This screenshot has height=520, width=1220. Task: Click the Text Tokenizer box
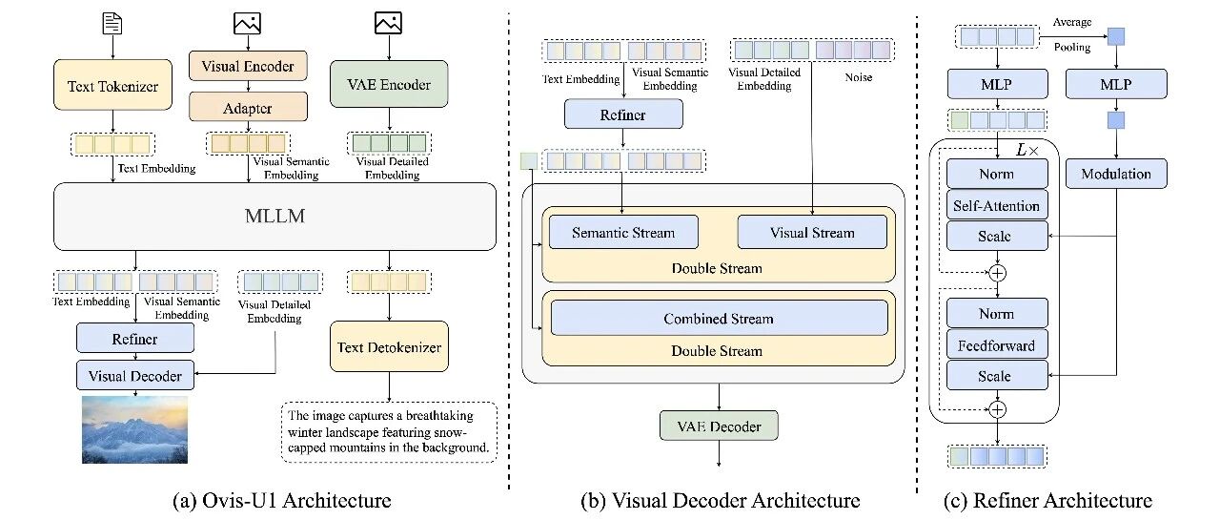coord(112,85)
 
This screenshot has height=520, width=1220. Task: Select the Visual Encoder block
coord(248,66)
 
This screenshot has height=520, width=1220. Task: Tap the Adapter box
coord(248,107)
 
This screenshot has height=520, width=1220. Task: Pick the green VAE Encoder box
coord(389,84)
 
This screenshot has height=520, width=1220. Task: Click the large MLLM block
coord(274,217)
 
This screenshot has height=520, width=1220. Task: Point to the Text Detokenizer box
coord(389,346)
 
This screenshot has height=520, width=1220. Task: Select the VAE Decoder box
coord(719,426)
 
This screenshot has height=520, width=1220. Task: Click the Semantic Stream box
coord(623,233)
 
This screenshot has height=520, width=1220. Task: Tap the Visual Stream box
coord(812,233)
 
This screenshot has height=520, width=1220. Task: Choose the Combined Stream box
coord(719,319)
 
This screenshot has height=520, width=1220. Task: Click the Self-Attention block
coord(997,205)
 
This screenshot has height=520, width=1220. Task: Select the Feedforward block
coord(997,345)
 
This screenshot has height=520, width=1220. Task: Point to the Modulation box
coord(1116,174)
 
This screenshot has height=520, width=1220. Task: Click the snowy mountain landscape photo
coord(134,429)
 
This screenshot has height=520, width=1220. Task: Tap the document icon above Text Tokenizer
coord(112,24)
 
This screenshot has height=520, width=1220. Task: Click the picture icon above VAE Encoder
coord(388,23)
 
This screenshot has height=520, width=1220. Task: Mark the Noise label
coord(859,77)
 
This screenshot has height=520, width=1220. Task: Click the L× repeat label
coord(1027,150)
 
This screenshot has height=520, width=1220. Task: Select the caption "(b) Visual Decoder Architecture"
coord(720,500)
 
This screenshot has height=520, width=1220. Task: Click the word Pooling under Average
coord(1072,48)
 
